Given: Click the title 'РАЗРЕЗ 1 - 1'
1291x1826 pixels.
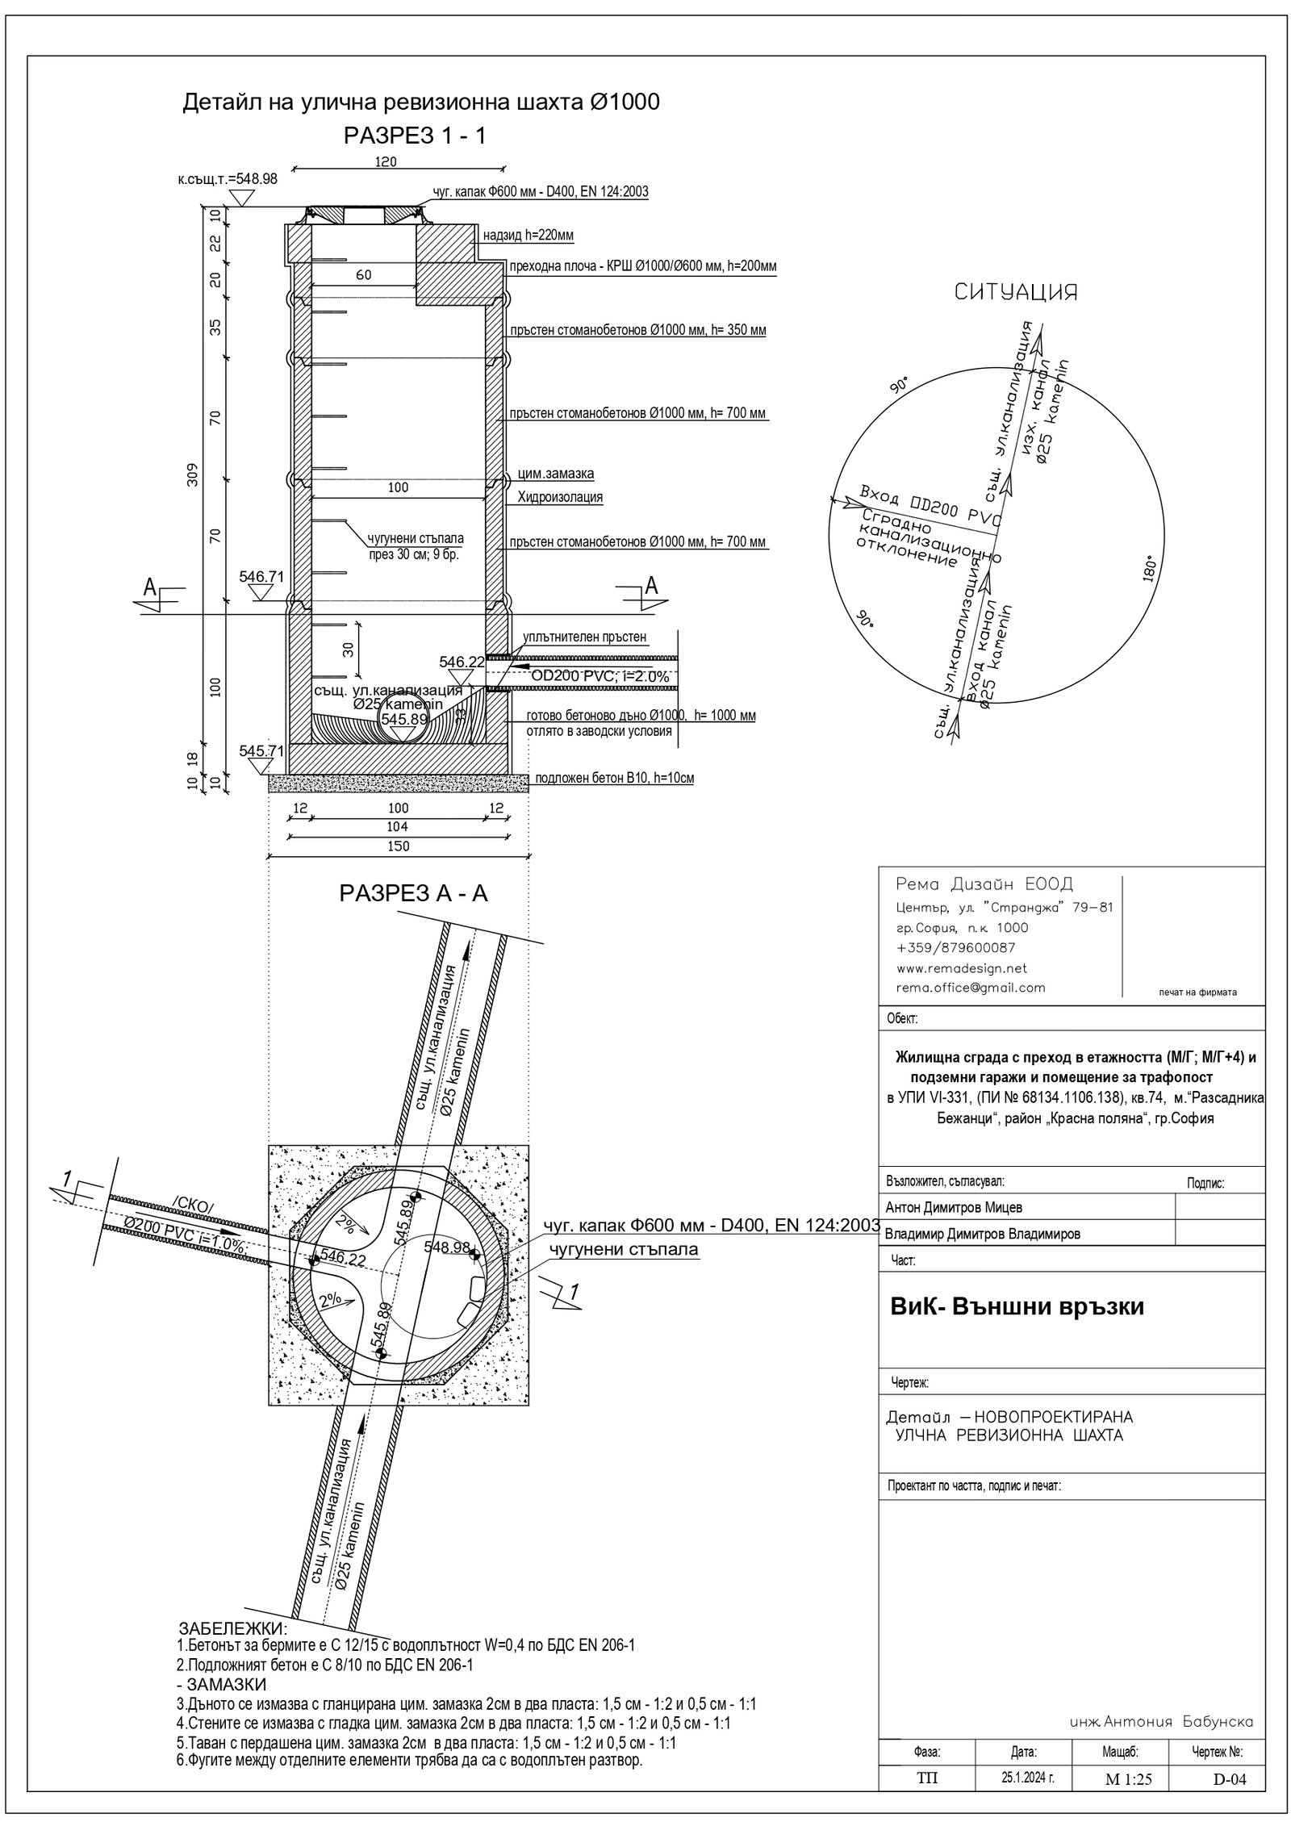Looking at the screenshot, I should point(414,136).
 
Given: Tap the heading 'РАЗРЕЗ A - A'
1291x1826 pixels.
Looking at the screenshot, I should point(413,893).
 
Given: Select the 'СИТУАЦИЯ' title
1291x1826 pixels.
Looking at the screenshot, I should point(1016,291).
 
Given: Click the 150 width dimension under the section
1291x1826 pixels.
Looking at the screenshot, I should point(399,846).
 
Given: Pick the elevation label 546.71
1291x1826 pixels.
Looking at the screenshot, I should point(262,577).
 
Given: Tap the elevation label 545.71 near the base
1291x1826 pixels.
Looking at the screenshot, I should point(262,750).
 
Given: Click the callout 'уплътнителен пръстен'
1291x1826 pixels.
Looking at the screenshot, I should point(584,637).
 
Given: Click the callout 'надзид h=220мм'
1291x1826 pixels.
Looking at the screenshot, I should point(528,236).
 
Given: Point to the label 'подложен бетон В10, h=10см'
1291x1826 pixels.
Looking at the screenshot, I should point(614,779).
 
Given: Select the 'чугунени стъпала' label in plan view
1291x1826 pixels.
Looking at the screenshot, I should point(623,1250).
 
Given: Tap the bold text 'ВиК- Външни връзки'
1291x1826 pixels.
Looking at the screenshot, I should point(1017,1306).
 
